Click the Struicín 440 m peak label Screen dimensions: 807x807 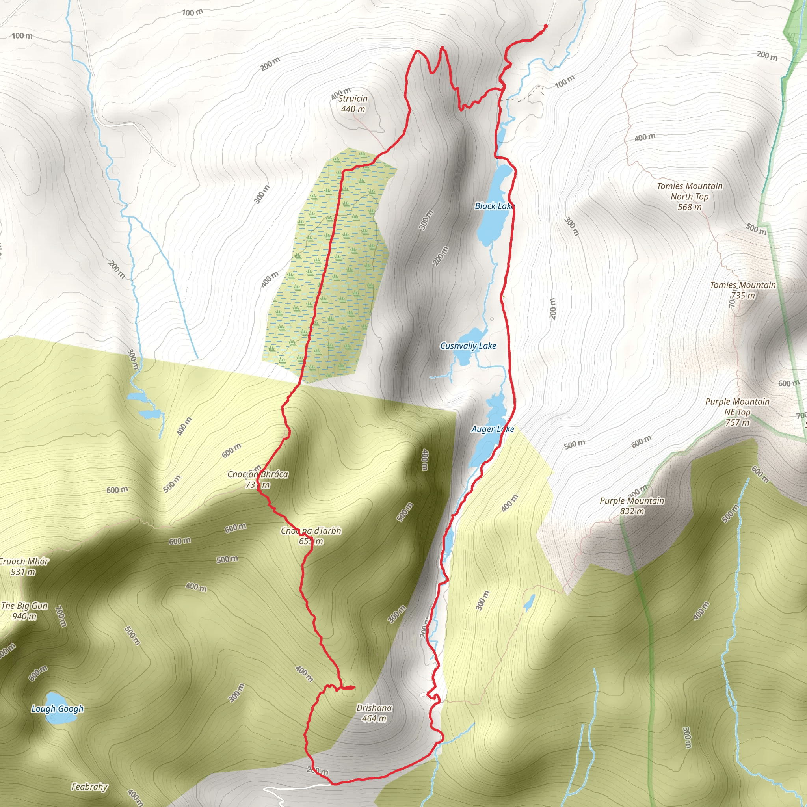[353, 104]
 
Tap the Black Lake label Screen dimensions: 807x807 [495, 206]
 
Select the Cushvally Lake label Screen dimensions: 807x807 [468, 346]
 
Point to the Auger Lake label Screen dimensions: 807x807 [493, 429]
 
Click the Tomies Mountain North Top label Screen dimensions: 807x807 [690, 196]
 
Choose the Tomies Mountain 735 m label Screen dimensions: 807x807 [743, 290]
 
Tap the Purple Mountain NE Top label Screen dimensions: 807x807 [737, 412]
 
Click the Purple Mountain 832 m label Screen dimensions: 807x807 [632, 506]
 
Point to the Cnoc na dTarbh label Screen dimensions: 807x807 [311, 536]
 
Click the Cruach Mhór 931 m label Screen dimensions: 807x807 [24, 566]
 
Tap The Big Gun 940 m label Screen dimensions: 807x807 [24, 611]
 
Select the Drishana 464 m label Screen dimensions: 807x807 [374, 713]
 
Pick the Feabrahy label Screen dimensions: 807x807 [89, 787]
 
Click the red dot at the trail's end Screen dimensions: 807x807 [545, 26]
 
